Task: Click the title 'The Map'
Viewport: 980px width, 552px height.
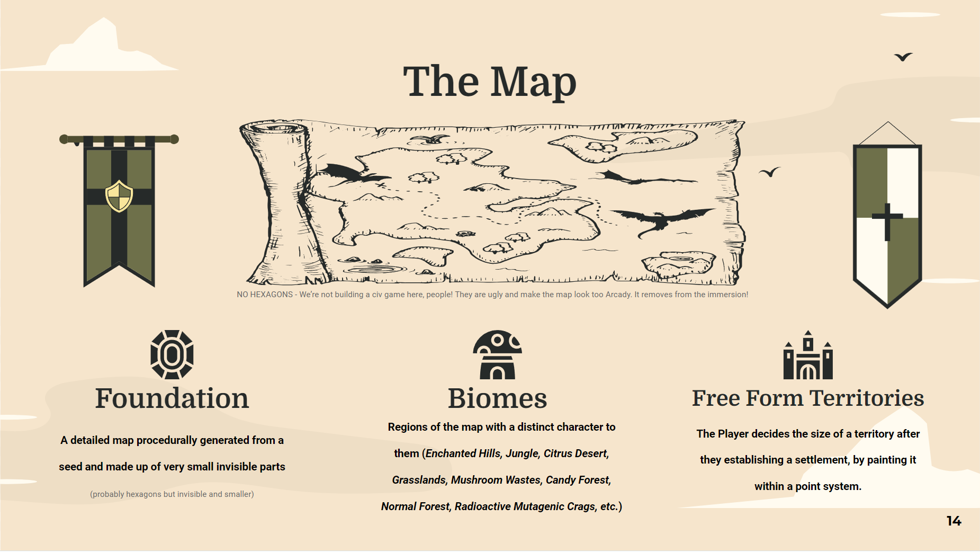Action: point(489,82)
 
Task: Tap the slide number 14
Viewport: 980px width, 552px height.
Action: point(954,521)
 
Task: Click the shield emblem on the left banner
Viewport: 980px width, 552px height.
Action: point(119,196)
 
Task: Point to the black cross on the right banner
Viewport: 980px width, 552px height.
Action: point(887,220)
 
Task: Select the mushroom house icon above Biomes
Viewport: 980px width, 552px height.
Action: point(497,355)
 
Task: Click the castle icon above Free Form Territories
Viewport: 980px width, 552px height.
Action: point(808,355)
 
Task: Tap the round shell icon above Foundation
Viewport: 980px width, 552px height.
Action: point(172,355)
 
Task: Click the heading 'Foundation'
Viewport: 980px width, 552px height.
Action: point(172,398)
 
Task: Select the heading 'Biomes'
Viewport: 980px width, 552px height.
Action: point(497,398)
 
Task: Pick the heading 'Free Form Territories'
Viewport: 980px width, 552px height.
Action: point(808,398)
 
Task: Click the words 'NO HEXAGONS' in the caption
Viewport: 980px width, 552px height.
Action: point(265,295)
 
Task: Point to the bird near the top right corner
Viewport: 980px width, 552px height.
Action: point(903,57)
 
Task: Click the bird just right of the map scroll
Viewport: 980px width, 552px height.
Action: point(770,172)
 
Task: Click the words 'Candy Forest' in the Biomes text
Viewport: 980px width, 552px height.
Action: point(577,480)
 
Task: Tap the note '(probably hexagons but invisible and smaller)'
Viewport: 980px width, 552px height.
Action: point(172,494)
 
